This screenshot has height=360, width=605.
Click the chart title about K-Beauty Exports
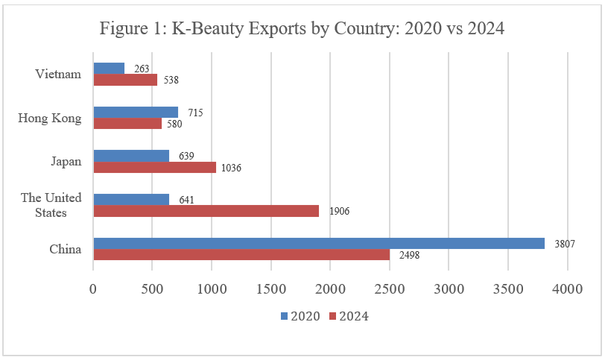coord(302,30)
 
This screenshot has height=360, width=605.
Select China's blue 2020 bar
coord(318,243)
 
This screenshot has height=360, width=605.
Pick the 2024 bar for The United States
coord(206,211)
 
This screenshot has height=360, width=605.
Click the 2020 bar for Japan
coord(131,156)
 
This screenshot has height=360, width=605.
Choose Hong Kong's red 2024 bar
coord(127,124)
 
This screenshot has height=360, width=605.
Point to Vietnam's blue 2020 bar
coord(109,69)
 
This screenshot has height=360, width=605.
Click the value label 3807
coord(566,243)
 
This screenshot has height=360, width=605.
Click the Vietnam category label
coord(58,74)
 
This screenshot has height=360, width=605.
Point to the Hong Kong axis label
coord(49,118)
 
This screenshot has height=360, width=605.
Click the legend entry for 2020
coord(300,316)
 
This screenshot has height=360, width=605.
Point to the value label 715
coord(195,113)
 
